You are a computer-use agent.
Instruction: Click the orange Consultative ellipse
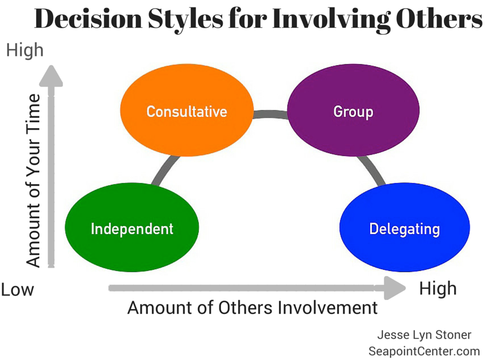coord(186,110)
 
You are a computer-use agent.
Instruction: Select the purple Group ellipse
coord(353,110)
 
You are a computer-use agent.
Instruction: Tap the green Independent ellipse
coord(132,227)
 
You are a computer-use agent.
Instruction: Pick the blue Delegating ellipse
coord(405,227)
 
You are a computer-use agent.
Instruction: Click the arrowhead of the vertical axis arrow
coord(51,76)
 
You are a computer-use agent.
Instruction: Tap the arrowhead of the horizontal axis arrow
coord(395,288)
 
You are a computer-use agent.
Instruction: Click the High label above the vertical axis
coord(25,50)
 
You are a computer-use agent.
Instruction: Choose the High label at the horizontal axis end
coord(438,289)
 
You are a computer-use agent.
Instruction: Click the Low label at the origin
coord(17,290)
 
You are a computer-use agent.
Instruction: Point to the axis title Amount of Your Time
coord(33,181)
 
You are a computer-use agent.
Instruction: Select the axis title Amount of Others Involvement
coord(253,308)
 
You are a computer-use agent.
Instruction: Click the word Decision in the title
coord(88,18)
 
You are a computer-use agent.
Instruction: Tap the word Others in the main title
coord(439,18)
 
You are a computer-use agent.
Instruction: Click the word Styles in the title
coord(185,19)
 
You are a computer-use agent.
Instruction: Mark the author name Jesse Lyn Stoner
coord(424,335)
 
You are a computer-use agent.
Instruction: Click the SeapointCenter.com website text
coord(424,351)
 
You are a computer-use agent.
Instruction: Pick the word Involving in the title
coord(332,19)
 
